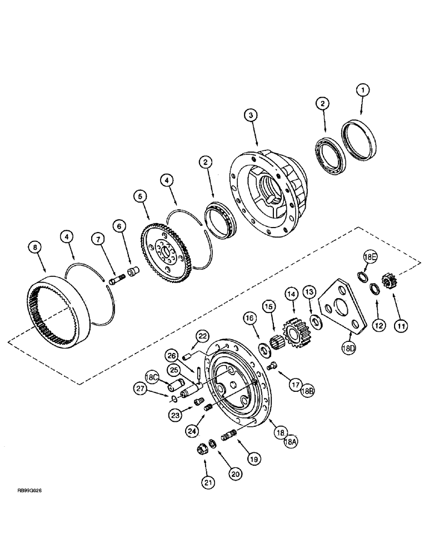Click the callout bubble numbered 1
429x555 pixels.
[x=362, y=89]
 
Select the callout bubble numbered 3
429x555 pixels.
[x=251, y=115]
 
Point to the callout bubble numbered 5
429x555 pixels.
[x=139, y=196]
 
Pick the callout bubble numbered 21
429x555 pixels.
[x=207, y=483]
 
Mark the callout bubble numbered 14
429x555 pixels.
[x=290, y=292]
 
